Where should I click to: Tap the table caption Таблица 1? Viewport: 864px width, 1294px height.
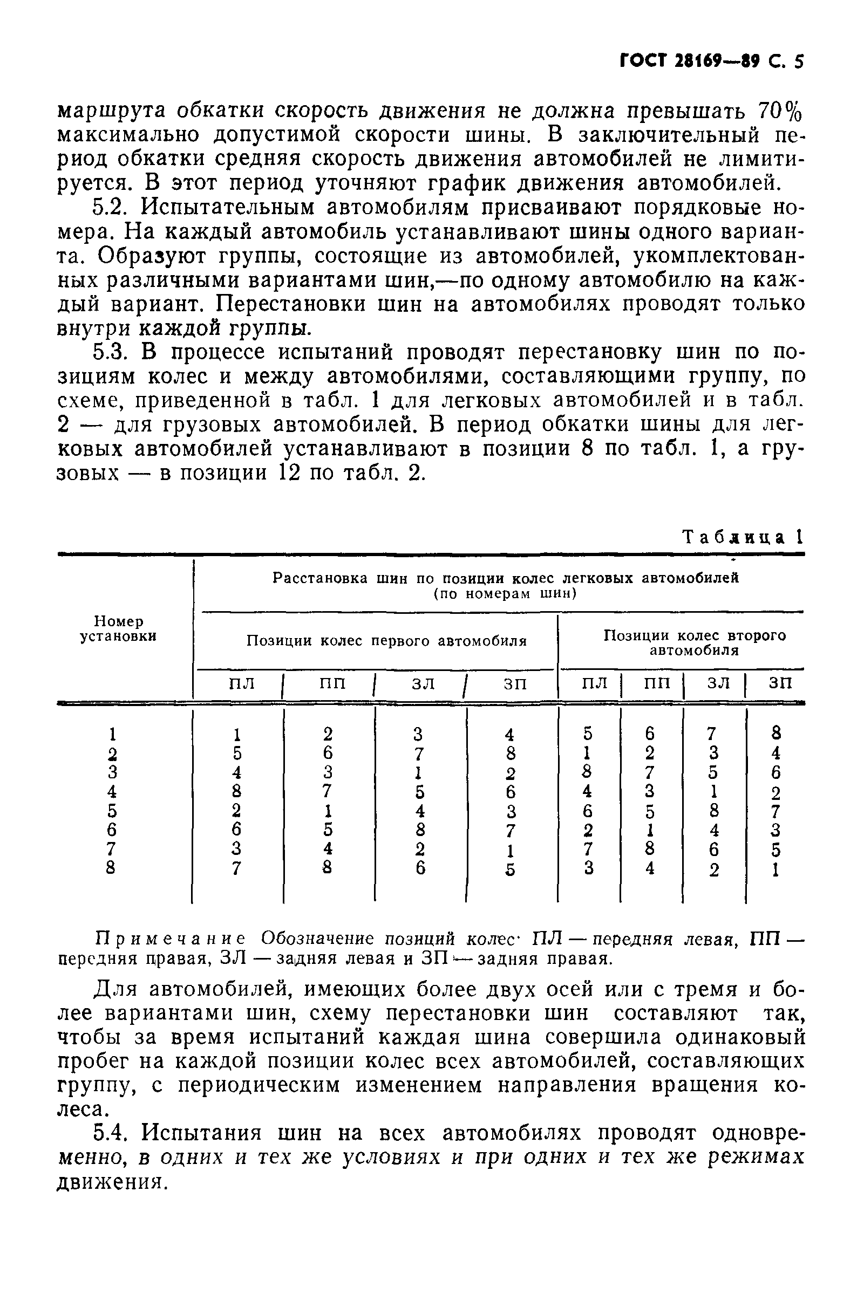[742, 537]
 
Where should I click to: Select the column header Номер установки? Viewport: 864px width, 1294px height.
[119, 629]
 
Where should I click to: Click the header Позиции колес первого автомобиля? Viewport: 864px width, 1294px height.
[386, 641]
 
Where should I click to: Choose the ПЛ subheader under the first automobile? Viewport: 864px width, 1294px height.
[242, 683]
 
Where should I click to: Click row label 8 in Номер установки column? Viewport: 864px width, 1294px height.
[111, 868]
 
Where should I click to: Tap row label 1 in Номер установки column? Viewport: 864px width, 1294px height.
[112, 734]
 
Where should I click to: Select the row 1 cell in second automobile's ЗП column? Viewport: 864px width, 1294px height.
[776, 734]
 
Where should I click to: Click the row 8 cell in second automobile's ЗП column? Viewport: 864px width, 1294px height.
[776, 869]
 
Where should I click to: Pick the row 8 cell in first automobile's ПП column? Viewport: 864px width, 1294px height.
[328, 868]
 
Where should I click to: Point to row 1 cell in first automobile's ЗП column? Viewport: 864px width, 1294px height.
[509, 735]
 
